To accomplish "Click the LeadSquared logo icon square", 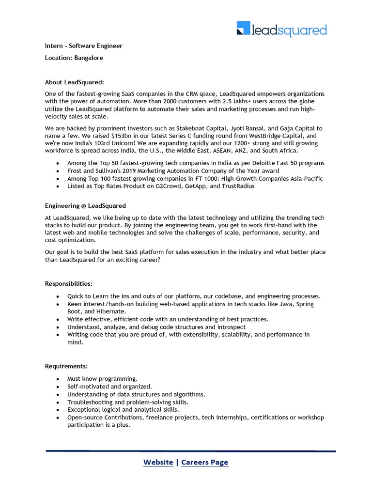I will pyautogui.click(x=243, y=28).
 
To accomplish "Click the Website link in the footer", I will pyautogui.click(x=158, y=462).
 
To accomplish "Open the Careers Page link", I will pyautogui.click(x=204, y=462).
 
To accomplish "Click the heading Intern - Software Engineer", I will pyautogui.click(x=84, y=46).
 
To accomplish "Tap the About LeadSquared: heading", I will pyautogui.click(x=75, y=82).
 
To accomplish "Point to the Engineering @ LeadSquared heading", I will pyautogui.click(x=85, y=206).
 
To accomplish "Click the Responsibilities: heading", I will pyautogui.click(x=68, y=283).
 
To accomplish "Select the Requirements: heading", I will pyautogui.click(x=66, y=366).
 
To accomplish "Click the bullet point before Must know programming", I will pyautogui.click(x=58, y=379).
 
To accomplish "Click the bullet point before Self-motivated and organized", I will pyautogui.click(x=58, y=387).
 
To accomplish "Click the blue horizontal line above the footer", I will pyautogui.click(x=191, y=451).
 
